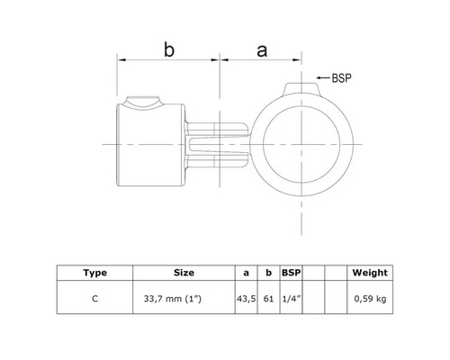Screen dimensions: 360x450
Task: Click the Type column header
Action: coord(94,272)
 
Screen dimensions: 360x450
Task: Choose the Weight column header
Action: coord(370,272)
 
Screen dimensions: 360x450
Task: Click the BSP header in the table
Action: coord(290,272)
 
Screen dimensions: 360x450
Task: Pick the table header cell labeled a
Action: coord(246,272)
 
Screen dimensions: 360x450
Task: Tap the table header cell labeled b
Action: coord(268,272)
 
